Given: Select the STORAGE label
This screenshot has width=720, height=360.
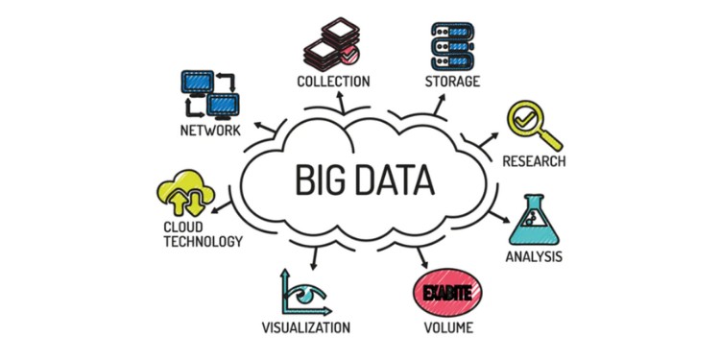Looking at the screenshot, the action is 451,80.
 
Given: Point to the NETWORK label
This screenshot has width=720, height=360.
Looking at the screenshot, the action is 209,130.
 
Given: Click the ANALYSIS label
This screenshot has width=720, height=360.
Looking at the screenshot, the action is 534,256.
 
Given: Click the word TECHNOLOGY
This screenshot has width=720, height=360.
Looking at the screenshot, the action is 202,241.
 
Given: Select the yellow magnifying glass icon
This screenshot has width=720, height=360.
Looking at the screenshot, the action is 529,123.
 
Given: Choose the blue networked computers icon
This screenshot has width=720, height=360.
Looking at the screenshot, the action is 209,93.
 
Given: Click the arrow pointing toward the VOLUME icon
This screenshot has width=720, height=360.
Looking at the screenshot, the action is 422,256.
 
